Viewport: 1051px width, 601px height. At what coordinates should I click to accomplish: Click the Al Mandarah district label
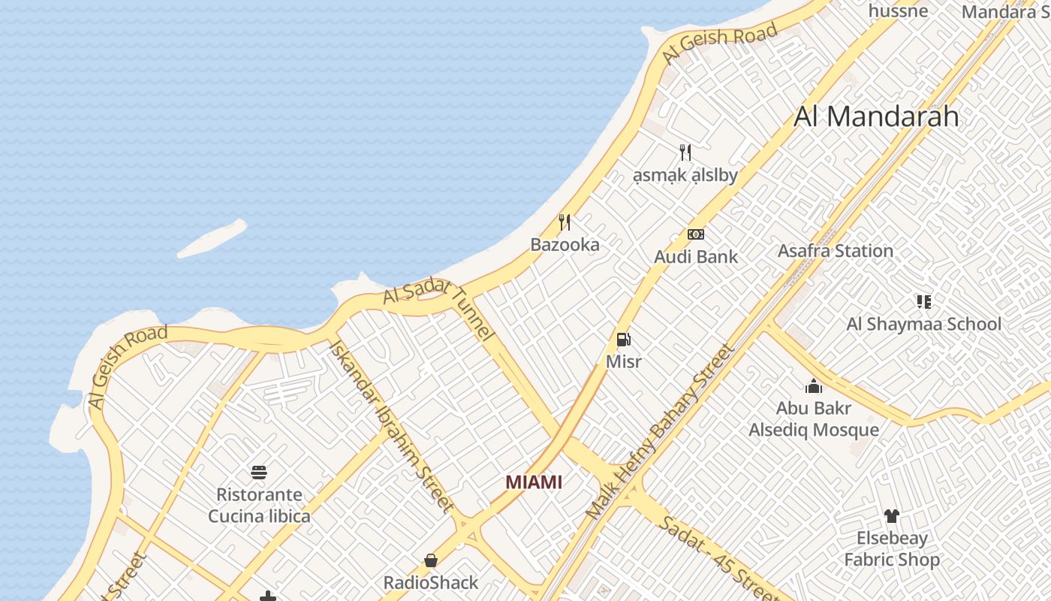click(x=876, y=116)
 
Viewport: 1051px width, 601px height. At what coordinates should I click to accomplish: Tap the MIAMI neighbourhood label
click(x=534, y=482)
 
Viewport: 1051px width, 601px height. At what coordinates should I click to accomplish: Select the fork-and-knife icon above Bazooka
click(x=565, y=222)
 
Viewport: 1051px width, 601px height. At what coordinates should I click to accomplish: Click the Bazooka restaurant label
click(x=565, y=245)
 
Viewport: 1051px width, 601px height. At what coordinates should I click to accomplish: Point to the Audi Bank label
click(x=696, y=257)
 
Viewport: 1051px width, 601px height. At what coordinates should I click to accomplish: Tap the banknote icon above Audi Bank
click(x=696, y=234)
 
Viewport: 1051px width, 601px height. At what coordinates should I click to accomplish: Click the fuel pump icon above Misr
click(x=623, y=340)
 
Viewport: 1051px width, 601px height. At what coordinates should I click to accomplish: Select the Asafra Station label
click(x=836, y=251)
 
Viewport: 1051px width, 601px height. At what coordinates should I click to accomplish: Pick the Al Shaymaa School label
click(x=923, y=325)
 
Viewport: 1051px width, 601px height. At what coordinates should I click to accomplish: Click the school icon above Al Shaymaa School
click(x=923, y=302)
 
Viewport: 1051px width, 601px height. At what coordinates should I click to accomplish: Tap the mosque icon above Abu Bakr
click(x=814, y=387)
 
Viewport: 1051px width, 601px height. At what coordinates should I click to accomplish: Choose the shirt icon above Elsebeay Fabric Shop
click(x=891, y=516)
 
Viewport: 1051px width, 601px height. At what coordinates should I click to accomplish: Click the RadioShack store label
click(x=431, y=583)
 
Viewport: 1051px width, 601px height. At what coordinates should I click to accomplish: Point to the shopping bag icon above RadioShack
click(x=431, y=560)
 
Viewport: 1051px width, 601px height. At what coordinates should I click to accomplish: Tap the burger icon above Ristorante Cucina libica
click(x=259, y=473)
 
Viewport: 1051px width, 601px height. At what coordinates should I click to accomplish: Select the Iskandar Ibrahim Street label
click(x=391, y=426)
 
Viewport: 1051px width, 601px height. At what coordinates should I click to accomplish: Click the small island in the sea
click(x=212, y=238)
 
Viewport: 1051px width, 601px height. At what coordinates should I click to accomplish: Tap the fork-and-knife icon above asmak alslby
click(x=685, y=153)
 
